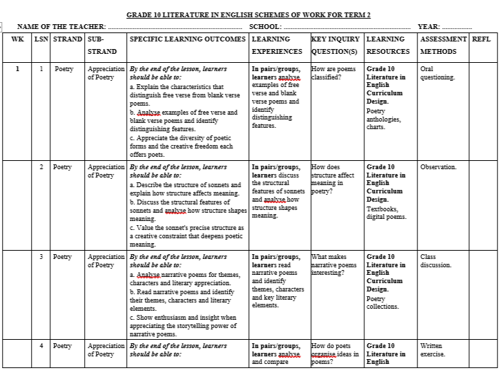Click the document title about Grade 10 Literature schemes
pos(248,15)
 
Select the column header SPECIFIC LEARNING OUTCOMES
pos(187,39)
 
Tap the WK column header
pos(17,39)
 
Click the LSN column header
pos(41,39)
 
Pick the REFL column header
pos(481,39)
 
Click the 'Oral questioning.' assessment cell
pos(437,73)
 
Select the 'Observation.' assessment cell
pos(438,167)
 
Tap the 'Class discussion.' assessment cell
pos(436,261)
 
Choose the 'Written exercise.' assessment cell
pos(433,350)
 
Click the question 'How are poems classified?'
pos(334,73)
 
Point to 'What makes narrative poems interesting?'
pos(334,265)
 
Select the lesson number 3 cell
pos(41,257)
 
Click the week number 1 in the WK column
pos(17,69)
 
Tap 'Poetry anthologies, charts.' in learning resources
pos(381,119)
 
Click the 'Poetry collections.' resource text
pos(382,302)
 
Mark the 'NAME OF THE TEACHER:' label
pos(61,26)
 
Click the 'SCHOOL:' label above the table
pos(265,26)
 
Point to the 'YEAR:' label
pos(429,26)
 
